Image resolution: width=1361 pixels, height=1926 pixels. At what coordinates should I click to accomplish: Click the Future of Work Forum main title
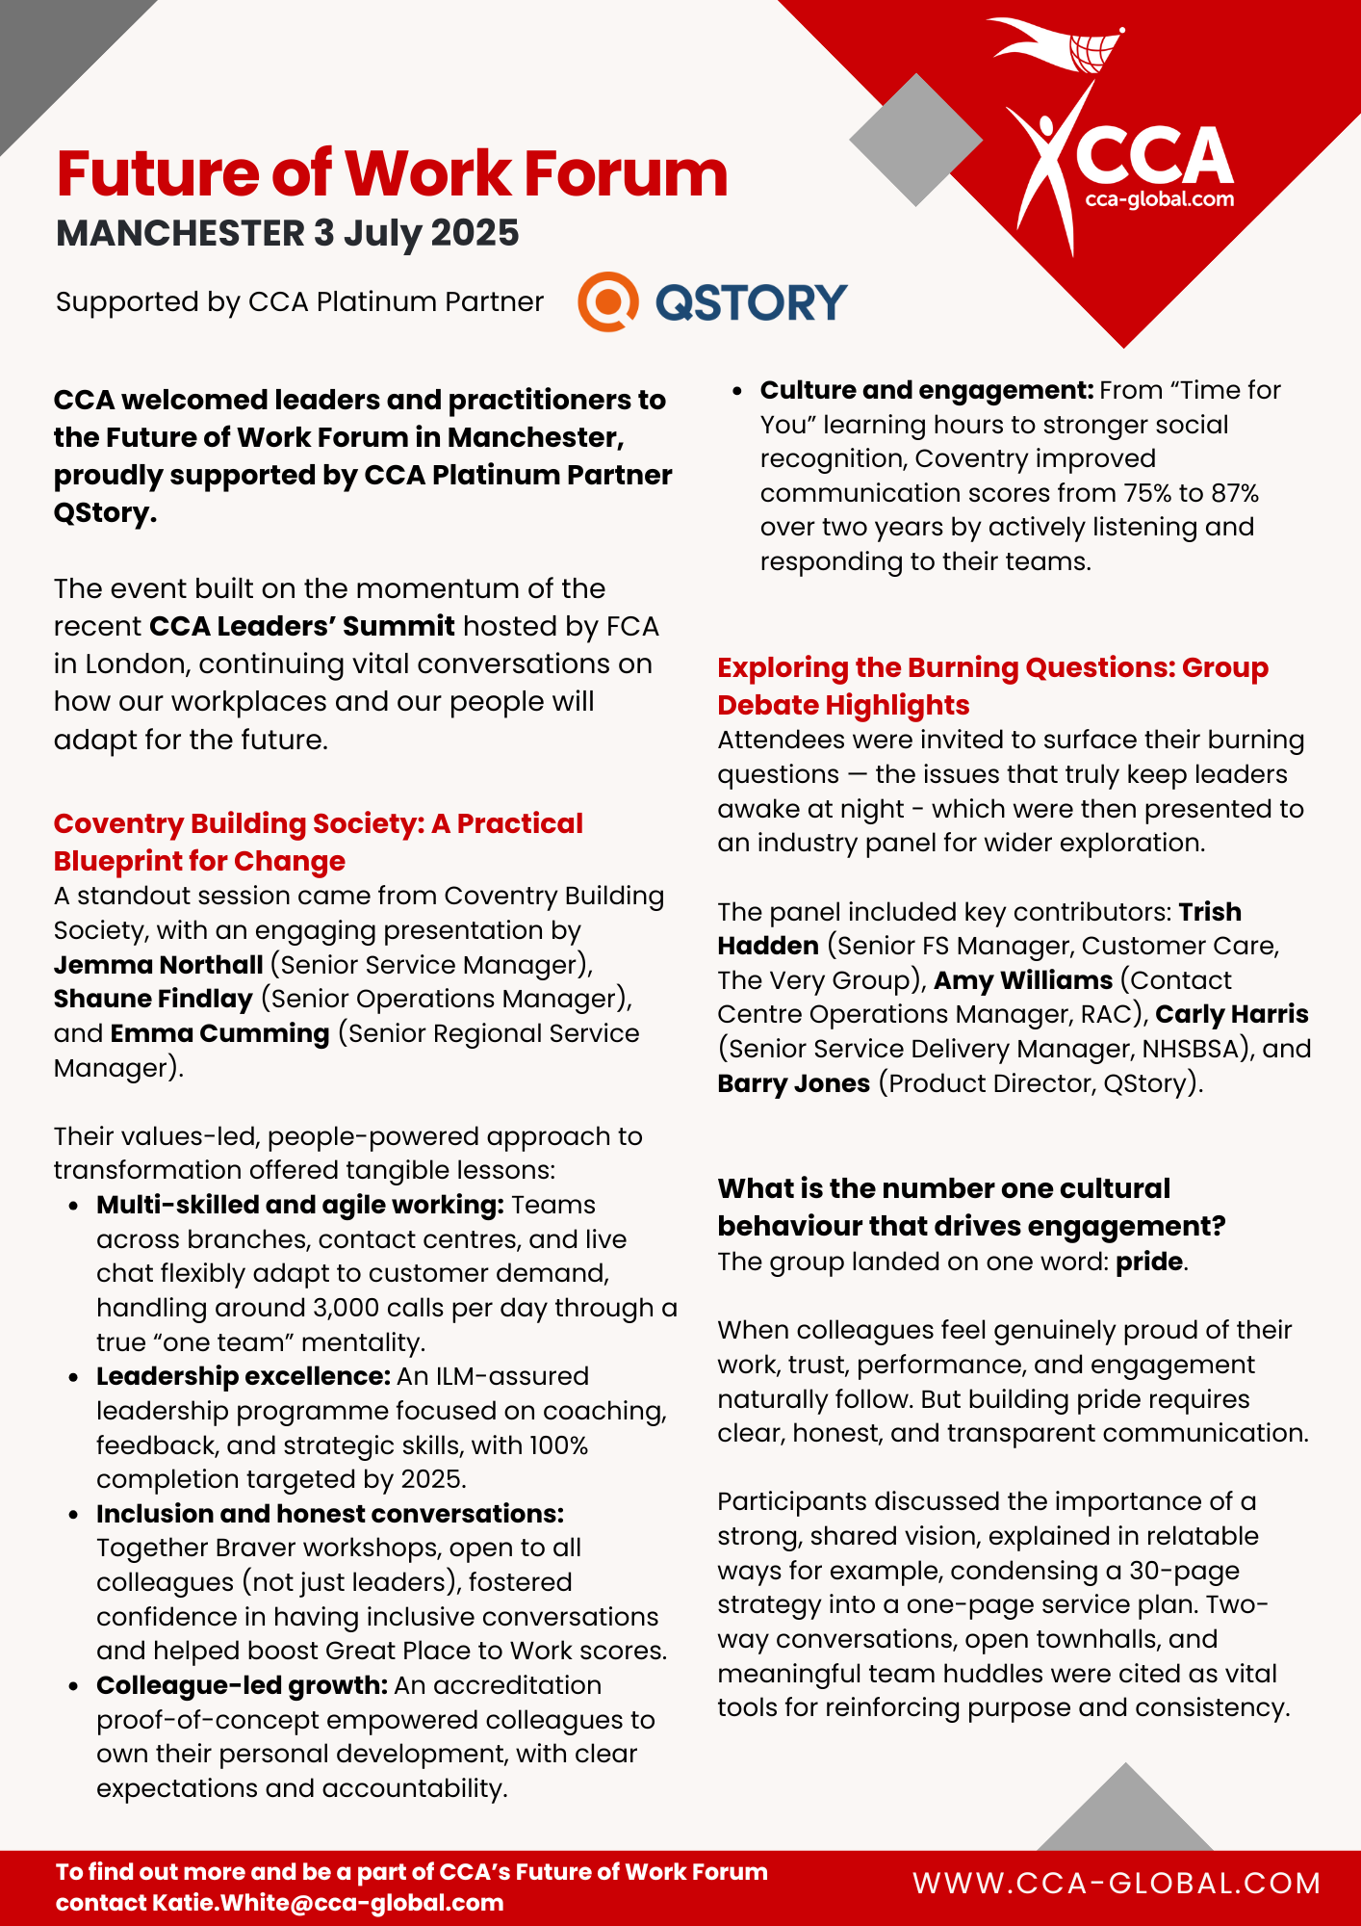point(392,173)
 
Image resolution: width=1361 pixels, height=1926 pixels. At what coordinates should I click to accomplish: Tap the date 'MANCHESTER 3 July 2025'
point(287,233)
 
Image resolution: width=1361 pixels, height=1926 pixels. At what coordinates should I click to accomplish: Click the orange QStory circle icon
point(607,301)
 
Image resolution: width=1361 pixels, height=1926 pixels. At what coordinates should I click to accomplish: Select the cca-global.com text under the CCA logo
point(1159,199)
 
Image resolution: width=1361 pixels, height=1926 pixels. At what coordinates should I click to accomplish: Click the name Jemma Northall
point(158,965)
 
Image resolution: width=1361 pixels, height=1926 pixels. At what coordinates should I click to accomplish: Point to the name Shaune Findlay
point(153,999)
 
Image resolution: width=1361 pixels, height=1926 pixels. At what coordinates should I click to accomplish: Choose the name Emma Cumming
point(219,1033)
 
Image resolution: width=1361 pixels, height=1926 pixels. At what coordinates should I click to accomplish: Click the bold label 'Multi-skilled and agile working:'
point(299,1205)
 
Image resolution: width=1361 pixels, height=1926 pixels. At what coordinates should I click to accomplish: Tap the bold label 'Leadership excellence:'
point(243,1376)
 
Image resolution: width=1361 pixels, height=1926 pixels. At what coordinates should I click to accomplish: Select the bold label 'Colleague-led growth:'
point(242,1685)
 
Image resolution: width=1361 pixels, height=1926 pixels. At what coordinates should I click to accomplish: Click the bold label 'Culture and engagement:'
point(926,390)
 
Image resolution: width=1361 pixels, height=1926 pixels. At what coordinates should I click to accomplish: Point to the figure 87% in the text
point(1235,493)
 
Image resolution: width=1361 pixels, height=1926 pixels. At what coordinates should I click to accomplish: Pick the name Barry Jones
point(793,1083)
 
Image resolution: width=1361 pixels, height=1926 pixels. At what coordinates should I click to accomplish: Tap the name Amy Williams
point(1023,980)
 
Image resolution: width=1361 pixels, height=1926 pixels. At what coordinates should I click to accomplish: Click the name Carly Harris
point(1231,1014)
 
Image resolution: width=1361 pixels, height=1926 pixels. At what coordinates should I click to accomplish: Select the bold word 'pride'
point(1148,1262)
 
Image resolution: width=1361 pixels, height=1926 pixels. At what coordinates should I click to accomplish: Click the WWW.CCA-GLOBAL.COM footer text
point(1117,1884)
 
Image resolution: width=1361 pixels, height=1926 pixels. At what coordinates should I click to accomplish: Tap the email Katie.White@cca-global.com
point(327,1903)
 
